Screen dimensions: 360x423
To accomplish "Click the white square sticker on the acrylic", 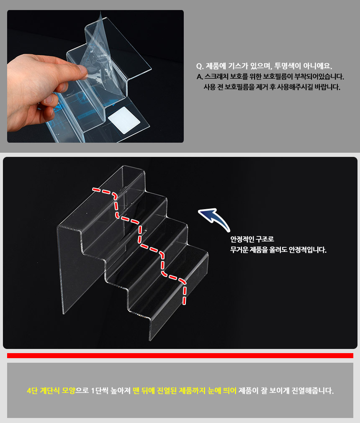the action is [124, 120].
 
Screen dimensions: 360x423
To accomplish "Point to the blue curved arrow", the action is [215, 218].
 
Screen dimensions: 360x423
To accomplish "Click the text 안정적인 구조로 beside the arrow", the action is [252, 239].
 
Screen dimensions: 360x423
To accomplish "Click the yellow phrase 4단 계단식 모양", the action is [51, 391].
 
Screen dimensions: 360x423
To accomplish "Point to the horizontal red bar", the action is [180, 356].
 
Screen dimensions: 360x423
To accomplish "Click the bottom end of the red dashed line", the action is [184, 304].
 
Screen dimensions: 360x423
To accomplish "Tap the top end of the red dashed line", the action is [93, 189].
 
